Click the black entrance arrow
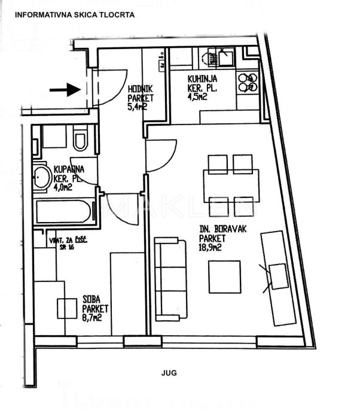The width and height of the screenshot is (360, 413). coord(65,90)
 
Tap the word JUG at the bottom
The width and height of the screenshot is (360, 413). coord(169,372)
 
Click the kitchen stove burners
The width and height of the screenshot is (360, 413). coord(247,83)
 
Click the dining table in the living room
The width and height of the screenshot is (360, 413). coord(231,186)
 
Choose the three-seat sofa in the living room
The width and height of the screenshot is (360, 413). coord(170,278)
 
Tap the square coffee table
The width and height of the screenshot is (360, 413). coord(225,277)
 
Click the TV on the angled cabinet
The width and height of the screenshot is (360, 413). coord(279,277)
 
